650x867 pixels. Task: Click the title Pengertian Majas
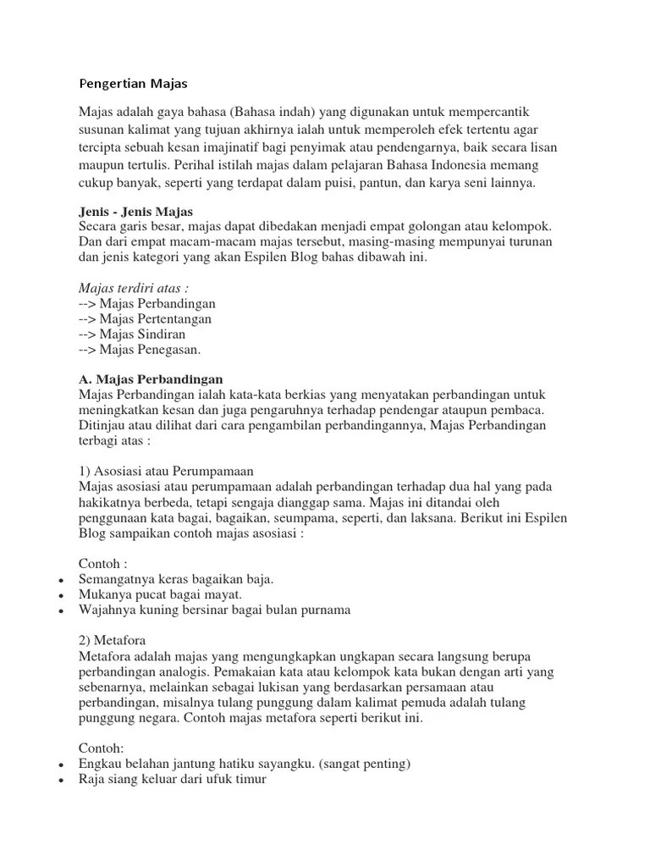click(x=133, y=84)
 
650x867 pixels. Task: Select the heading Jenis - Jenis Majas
click(x=136, y=211)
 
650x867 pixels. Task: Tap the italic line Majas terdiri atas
click(x=133, y=288)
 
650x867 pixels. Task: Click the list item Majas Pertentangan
click(x=145, y=318)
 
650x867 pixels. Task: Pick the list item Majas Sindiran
click(x=132, y=334)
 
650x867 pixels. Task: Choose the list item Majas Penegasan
click(x=140, y=349)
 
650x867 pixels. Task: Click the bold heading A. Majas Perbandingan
click(x=151, y=379)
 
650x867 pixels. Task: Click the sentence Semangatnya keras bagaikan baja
click(x=176, y=579)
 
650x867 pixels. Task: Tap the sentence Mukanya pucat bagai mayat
click(x=154, y=594)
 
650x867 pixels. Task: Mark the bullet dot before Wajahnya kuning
click(x=62, y=610)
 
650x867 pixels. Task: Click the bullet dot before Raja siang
click(x=62, y=781)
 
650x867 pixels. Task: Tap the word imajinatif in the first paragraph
click(x=264, y=147)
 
